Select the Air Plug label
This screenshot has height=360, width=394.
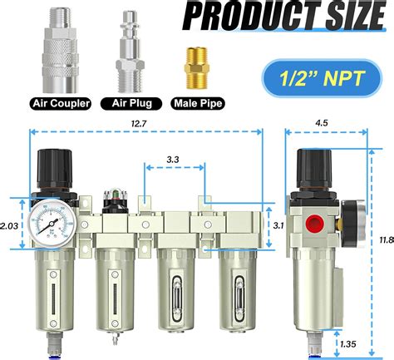click(x=131, y=105)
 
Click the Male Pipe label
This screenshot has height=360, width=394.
click(x=197, y=105)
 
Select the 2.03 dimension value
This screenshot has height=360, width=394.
click(x=10, y=224)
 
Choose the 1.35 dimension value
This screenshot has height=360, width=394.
click(x=347, y=340)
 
